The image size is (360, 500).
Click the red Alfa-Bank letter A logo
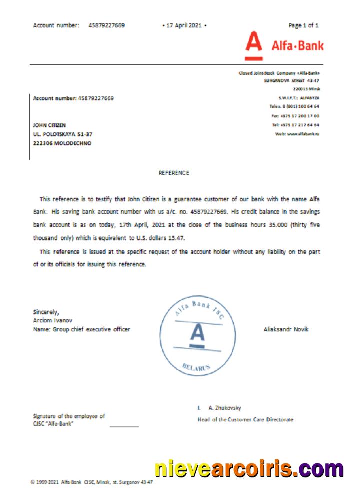(254, 46)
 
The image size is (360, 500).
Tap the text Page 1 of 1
(303, 25)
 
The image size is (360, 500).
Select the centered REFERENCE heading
(174, 173)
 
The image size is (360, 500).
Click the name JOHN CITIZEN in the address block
(49, 125)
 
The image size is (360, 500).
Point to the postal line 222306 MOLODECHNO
(62, 143)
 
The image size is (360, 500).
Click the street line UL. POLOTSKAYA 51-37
(62, 134)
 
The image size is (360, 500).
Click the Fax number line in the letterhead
(297, 116)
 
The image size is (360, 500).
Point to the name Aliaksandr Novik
(286, 329)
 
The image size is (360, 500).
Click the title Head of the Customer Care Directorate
(246, 419)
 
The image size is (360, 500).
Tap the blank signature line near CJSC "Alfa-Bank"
(124, 426)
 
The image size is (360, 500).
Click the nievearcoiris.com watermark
(249, 469)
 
